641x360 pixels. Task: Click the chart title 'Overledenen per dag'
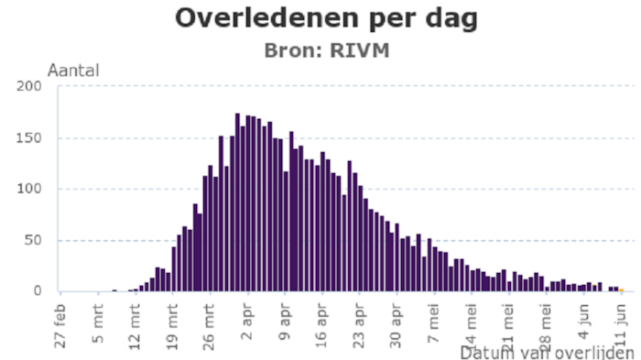coord(326,17)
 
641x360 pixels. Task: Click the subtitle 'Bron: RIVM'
coord(326,49)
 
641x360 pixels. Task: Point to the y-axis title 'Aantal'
coord(73,71)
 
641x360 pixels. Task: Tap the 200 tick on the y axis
coord(30,87)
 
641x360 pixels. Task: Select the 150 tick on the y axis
coord(30,138)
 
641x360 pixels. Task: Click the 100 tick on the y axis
coord(30,190)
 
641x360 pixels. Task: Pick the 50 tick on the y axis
coord(34,241)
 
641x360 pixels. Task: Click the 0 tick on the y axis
coord(38,291)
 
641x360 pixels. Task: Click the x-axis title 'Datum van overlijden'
coord(548,353)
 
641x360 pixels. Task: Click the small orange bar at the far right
coord(621,289)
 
